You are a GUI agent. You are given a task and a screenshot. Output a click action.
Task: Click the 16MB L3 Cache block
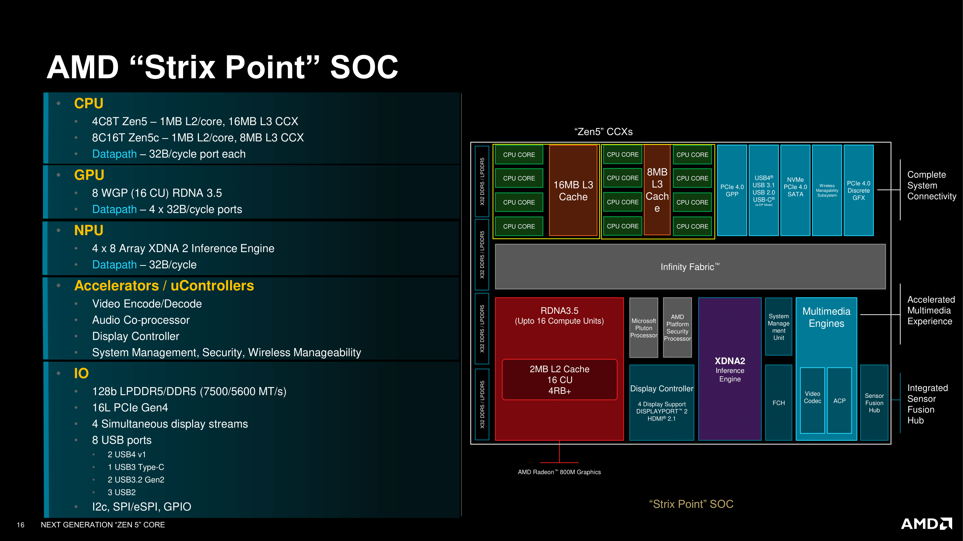click(x=573, y=190)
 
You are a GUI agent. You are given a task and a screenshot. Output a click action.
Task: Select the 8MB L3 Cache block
click(x=657, y=190)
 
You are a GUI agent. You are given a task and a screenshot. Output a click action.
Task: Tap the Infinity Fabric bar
click(x=690, y=267)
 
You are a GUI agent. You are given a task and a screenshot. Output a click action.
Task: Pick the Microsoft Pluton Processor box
click(x=643, y=328)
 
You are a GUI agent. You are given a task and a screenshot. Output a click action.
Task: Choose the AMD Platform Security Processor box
click(x=677, y=327)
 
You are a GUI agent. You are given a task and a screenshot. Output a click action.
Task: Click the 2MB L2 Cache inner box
click(x=559, y=379)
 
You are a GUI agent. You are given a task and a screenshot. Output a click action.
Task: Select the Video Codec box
click(x=812, y=400)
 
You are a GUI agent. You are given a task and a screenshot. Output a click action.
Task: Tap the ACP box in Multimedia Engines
click(x=839, y=400)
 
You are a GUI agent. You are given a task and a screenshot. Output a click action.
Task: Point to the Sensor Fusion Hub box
click(x=874, y=403)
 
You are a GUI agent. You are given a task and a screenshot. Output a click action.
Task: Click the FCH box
click(x=778, y=403)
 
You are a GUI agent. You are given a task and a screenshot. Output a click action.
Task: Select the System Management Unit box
click(x=778, y=327)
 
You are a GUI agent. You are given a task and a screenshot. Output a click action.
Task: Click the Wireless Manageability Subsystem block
click(x=827, y=190)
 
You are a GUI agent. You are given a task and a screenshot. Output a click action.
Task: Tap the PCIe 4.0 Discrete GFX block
click(x=858, y=190)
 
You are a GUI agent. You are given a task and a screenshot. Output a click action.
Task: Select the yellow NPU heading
click(x=88, y=230)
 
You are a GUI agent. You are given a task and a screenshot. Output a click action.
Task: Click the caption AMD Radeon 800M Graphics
click(x=559, y=472)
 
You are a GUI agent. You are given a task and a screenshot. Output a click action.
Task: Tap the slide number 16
click(x=21, y=524)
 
